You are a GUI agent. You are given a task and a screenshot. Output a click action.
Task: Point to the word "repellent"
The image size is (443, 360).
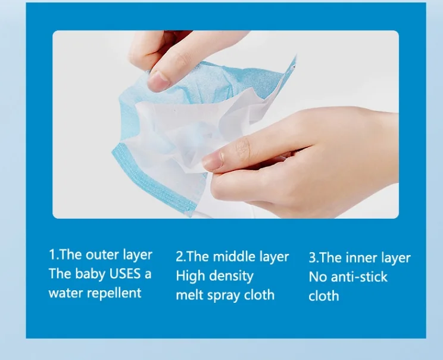point(114,293)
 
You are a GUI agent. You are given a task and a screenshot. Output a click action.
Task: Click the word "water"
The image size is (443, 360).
point(66,293)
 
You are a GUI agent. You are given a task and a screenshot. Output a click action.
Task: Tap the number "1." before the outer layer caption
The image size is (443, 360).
point(54,255)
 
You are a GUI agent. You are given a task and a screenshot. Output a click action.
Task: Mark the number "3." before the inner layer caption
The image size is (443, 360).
point(314,258)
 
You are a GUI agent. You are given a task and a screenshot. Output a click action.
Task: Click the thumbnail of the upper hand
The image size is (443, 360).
point(158,81)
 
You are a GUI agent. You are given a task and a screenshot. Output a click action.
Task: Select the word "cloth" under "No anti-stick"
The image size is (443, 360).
point(324,296)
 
